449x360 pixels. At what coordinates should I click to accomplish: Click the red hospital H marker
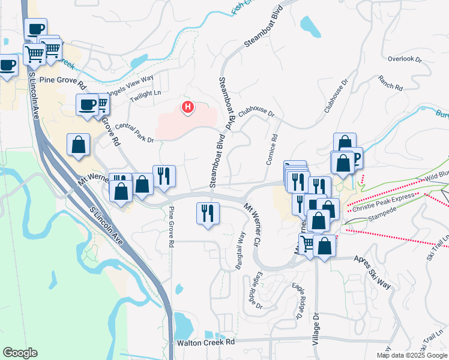tap(188, 108)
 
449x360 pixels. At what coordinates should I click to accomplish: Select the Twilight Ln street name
tap(146, 94)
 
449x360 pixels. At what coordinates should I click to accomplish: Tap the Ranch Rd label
tap(390, 83)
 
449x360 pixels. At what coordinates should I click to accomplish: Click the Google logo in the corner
tap(20, 353)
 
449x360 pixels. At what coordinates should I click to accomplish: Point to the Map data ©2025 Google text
tap(411, 355)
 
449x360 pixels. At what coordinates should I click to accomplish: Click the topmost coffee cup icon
tap(35, 28)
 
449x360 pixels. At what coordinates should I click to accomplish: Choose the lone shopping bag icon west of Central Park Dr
tap(79, 145)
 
